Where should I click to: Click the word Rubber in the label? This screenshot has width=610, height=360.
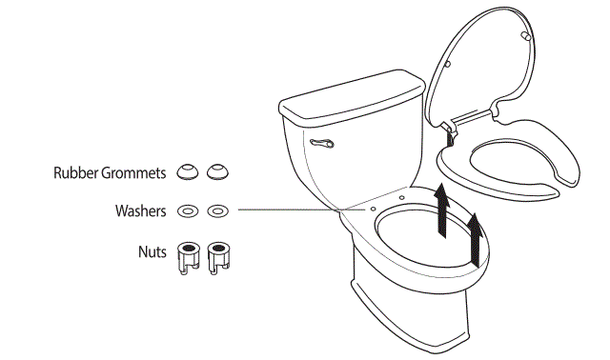tap(75, 173)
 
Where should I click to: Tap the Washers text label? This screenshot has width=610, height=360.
tap(141, 210)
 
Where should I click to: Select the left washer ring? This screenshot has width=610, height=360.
tap(189, 210)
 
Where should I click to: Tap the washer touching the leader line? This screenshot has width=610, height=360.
tap(218, 210)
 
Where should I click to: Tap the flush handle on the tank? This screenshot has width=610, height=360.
tap(319, 144)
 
